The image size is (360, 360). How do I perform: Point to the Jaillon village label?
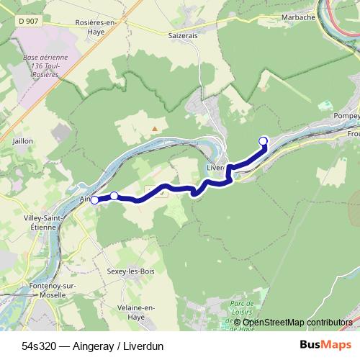pyautogui.click(x=22, y=142)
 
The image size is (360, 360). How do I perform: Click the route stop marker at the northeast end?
pyautogui.click(x=263, y=141)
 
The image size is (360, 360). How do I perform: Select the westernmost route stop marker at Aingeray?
pyautogui.click(x=94, y=200)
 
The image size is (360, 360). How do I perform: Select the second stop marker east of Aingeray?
pyautogui.click(x=114, y=196)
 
